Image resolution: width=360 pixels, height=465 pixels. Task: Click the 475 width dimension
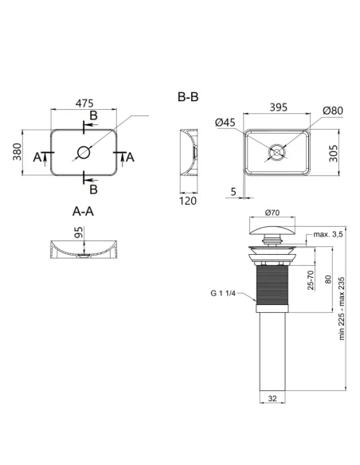click(x=84, y=104)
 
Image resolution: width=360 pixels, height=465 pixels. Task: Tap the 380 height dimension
click(x=18, y=151)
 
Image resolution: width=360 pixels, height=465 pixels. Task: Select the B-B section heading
click(x=188, y=97)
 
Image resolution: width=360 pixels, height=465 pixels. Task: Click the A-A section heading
click(x=84, y=212)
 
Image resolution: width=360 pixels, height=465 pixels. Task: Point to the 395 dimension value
click(x=279, y=107)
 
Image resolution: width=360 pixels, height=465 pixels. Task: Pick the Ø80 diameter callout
click(x=333, y=111)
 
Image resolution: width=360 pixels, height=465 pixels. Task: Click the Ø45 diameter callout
click(x=225, y=122)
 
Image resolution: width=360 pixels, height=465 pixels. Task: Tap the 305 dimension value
click(x=333, y=154)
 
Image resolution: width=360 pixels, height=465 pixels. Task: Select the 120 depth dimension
click(x=188, y=201)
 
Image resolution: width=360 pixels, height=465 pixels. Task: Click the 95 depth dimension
click(x=79, y=232)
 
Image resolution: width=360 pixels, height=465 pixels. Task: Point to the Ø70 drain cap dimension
click(x=272, y=213)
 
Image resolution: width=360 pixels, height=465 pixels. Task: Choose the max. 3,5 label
click(x=328, y=234)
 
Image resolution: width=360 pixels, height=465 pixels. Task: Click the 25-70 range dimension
click(x=311, y=280)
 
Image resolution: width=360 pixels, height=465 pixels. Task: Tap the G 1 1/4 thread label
click(x=223, y=293)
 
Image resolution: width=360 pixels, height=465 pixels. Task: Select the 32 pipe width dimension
click(x=272, y=398)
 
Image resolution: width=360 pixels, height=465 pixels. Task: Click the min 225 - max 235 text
click(x=342, y=308)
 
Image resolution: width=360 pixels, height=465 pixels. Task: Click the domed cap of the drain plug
click(x=272, y=230)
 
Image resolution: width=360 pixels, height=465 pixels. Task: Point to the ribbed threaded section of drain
click(x=272, y=285)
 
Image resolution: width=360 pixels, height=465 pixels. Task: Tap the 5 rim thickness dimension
click(x=233, y=192)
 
